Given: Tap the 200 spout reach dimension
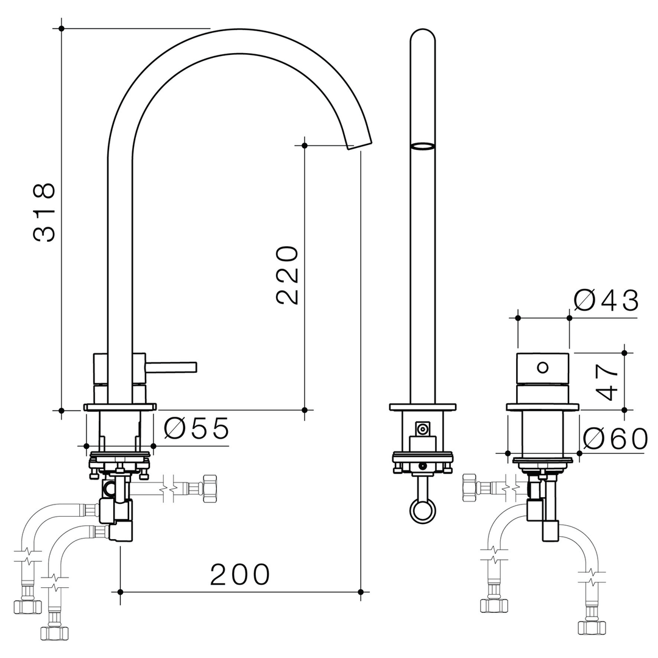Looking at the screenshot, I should pyautogui.click(x=240, y=575).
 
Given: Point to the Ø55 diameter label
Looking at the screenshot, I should pyautogui.click(x=197, y=429).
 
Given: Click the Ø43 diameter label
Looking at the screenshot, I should pyautogui.click(x=606, y=301).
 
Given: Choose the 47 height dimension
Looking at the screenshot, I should pyautogui.click(x=607, y=382).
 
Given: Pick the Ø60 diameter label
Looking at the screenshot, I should pyautogui.click(x=615, y=439).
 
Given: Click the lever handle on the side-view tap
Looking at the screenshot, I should pyautogui.click(x=171, y=367).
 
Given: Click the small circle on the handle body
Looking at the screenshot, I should pyautogui.click(x=543, y=367).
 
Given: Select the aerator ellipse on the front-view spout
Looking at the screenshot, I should pyautogui.click(x=423, y=146).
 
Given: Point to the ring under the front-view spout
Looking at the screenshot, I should pyautogui.click(x=423, y=510).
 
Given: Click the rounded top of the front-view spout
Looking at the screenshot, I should pyautogui.click(x=423, y=35).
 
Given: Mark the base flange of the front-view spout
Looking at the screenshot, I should pyautogui.click(x=423, y=407).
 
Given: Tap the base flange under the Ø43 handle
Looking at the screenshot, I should pyautogui.click(x=542, y=407).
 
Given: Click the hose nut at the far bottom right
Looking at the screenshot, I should pyautogui.click(x=592, y=627).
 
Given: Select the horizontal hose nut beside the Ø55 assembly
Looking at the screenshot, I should pyautogui.click(x=210, y=489).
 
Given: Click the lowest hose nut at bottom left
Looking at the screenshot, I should pyautogui.click(x=54, y=632).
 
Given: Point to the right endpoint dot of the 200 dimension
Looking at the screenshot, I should pyautogui.click(x=361, y=592).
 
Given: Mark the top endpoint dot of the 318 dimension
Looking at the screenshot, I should pyautogui.click(x=62, y=28).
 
